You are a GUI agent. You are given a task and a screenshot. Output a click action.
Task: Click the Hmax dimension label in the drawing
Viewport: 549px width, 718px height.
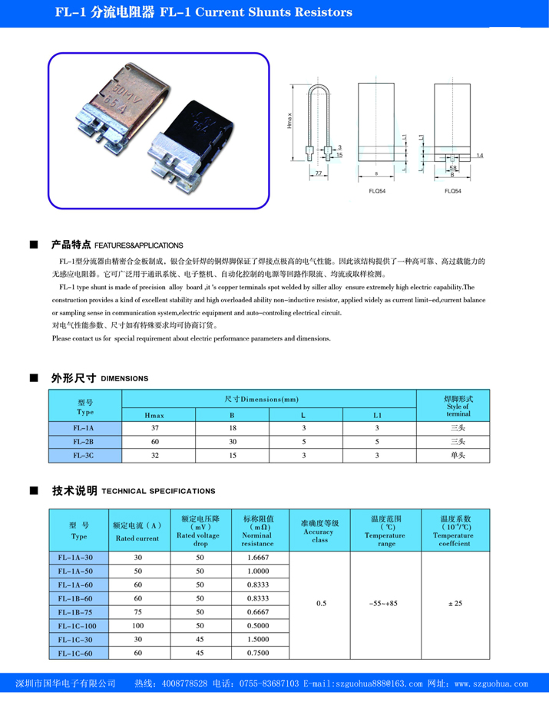[289, 121]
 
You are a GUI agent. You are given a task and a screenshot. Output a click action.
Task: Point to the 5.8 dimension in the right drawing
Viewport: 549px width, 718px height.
[454, 168]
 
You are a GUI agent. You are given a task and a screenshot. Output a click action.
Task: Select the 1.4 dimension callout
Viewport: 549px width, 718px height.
[479, 156]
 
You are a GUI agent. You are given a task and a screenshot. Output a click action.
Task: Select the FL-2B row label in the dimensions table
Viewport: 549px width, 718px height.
[84, 441]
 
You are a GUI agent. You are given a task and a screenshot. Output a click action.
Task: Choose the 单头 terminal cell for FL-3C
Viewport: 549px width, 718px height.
[458, 455]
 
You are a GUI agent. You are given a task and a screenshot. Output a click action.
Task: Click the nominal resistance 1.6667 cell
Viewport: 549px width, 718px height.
[258, 557]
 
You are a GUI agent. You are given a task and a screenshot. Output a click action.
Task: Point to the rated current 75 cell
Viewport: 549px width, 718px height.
[138, 612]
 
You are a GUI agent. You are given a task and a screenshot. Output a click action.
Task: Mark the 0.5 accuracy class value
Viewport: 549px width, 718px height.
[321, 604]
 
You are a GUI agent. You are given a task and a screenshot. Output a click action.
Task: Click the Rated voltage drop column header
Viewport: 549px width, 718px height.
[200, 531]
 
